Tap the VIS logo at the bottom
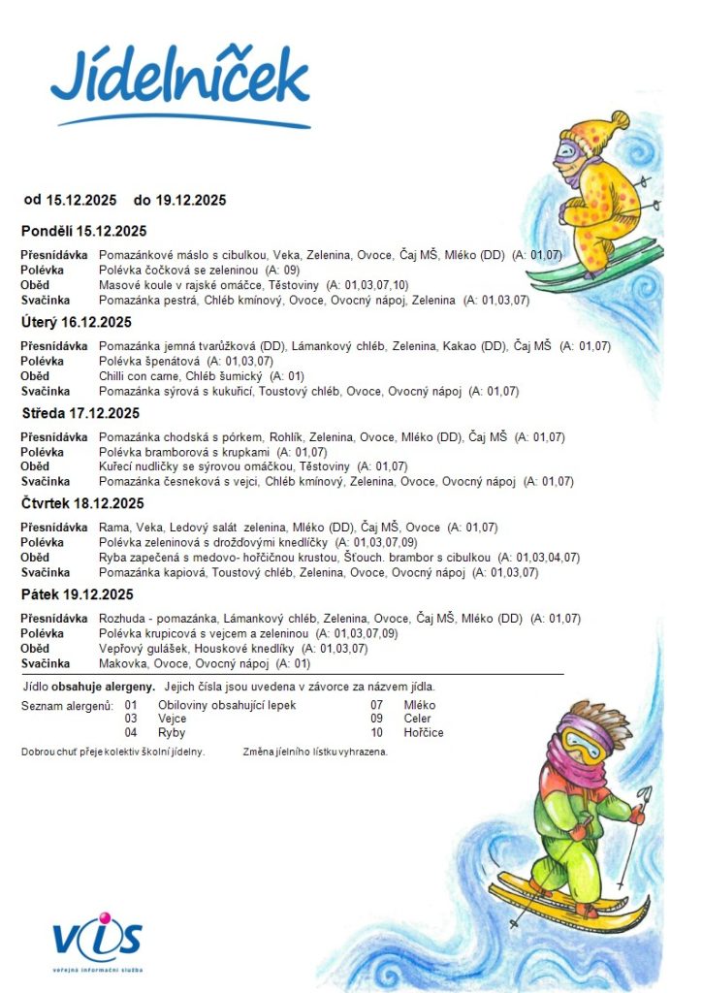(x=98, y=942)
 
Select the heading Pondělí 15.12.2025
(x=83, y=231)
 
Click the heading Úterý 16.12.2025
(x=77, y=322)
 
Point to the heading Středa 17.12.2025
(x=80, y=413)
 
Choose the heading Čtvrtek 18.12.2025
(x=82, y=503)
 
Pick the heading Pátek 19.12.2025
(x=78, y=594)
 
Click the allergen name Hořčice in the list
(x=424, y=733)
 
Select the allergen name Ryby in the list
(x=172, y=733)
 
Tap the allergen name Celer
(x=418, y=719)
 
